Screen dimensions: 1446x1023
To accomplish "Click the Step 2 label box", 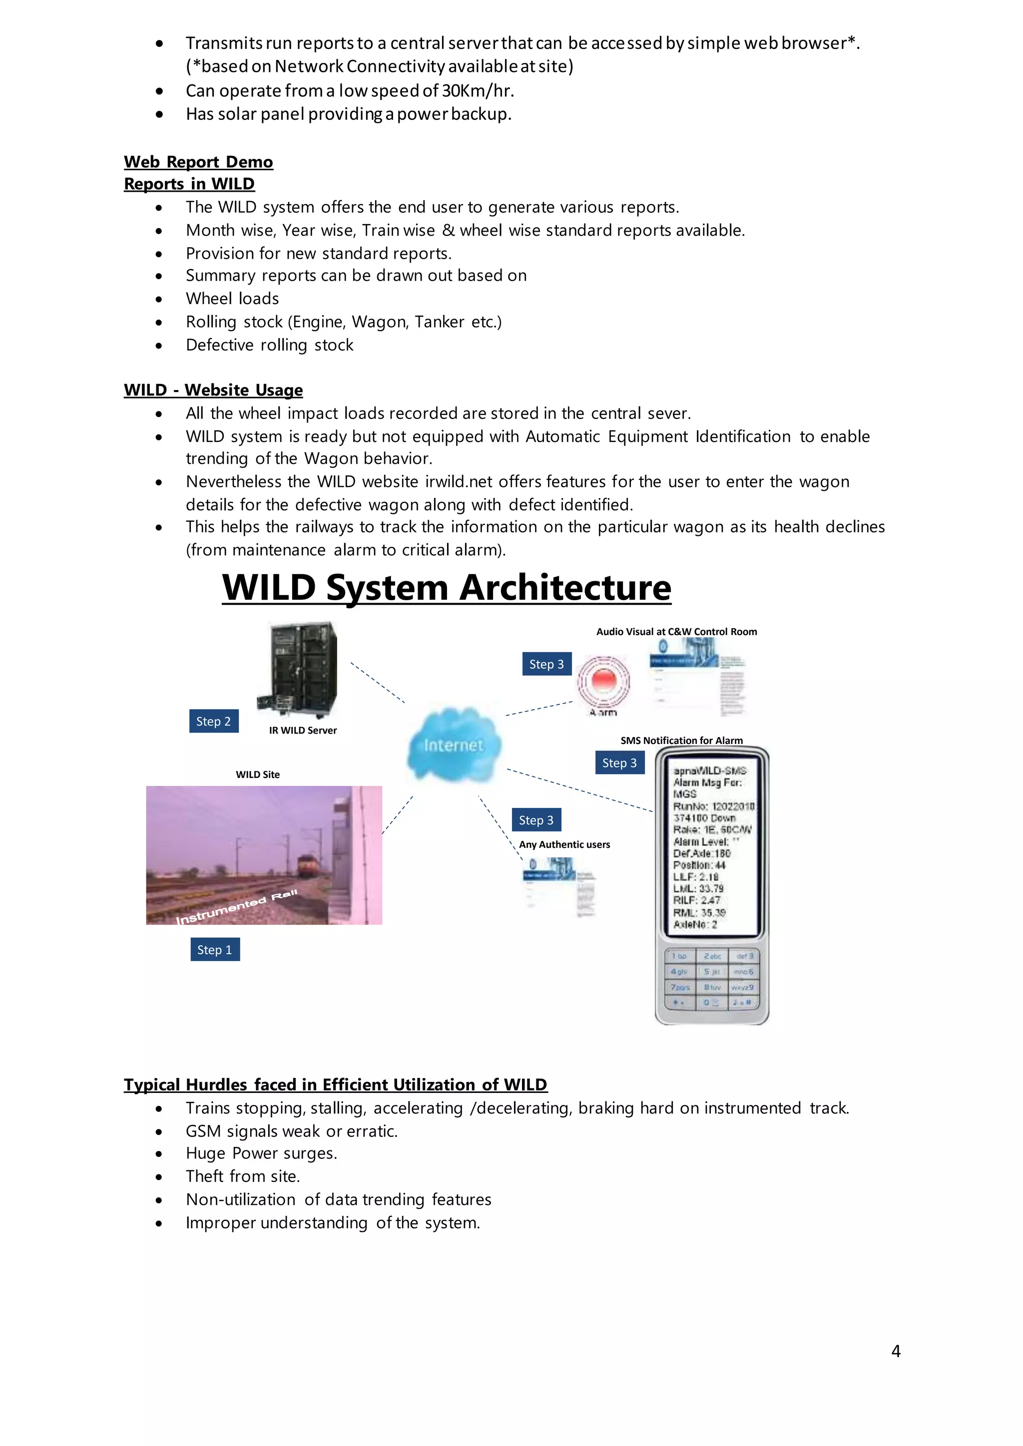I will coord(214,721).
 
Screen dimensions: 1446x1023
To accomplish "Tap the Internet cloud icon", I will coord(454,744).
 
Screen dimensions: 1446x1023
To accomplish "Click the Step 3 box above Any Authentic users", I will coord(535,820).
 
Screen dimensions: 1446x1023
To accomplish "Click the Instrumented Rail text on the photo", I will coord(236,907).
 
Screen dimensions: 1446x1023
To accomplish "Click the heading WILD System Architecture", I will coord(446,588).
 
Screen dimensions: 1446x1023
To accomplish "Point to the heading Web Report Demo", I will coord(198,162).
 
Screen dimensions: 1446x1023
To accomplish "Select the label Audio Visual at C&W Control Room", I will coord(676,632).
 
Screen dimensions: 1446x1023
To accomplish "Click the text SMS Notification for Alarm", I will coord(681,740).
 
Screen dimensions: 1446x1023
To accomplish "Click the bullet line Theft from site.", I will coord(243,1176).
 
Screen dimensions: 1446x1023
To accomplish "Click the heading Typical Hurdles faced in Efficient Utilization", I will coord(335,1084).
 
